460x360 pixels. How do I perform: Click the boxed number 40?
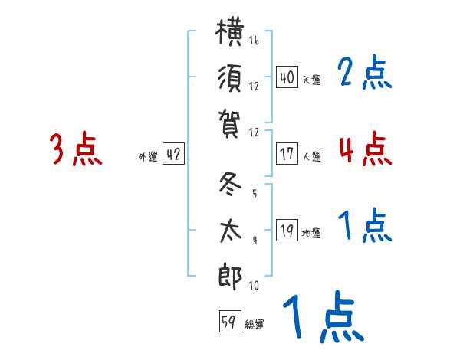coord(287,77)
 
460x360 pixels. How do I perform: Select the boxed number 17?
coord(287,154)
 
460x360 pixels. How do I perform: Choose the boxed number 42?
coord(173,154)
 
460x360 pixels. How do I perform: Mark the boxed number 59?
coord(228,322)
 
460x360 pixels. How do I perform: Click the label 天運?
coord(311,80)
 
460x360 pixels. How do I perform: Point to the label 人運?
coord(311,156)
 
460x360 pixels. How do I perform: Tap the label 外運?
coord(148,156)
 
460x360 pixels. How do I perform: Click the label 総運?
coord(255,324)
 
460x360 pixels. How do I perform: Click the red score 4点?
coord(365,148)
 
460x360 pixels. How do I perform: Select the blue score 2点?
coord(365,74)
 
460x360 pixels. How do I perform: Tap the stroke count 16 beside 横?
coord(254,41)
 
